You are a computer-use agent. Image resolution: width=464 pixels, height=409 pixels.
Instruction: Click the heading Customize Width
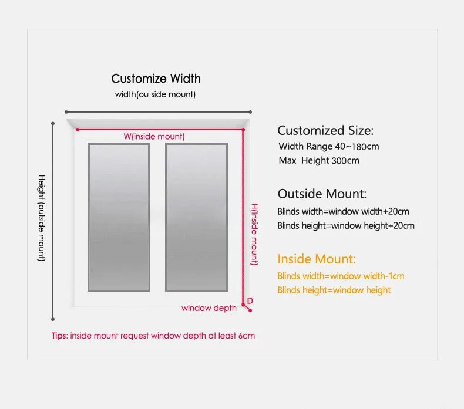coord(156,79)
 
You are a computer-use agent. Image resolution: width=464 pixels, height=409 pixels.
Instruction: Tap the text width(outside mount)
coord(156,94)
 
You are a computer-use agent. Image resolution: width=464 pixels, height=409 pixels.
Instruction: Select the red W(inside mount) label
coord(154,137)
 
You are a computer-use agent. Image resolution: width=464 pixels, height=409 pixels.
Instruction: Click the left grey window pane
coord(119,217)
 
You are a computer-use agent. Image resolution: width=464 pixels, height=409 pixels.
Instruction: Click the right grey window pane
coord(196,217)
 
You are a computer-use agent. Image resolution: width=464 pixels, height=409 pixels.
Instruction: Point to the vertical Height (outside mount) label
coord(42,218)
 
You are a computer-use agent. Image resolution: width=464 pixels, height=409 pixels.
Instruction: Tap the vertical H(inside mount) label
coord(255,234)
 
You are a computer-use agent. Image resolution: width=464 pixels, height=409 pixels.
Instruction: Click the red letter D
coord(250,301)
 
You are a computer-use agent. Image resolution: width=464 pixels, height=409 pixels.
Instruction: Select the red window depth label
coord(209,308)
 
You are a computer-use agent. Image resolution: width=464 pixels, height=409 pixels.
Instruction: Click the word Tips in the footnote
coord(59,336)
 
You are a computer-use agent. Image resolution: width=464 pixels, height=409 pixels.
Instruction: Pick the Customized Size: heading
coord(325,130)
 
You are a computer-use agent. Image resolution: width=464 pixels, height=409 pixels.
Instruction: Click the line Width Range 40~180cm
coord(329,147)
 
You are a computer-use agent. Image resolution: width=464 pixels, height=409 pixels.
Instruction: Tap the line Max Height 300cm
coord(319,160)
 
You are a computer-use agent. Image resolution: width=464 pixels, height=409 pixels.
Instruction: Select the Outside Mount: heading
coord(322,194)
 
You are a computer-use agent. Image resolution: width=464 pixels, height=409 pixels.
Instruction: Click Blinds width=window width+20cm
coord(343,211)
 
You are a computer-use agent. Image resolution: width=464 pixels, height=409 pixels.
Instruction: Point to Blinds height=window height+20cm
coord(346,225)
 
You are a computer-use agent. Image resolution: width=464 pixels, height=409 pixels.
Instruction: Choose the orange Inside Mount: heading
coord(317,259)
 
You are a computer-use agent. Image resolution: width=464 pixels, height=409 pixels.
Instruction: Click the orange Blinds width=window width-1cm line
coord(341,276)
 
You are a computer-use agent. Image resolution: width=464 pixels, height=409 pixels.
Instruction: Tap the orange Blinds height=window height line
coord(334,290)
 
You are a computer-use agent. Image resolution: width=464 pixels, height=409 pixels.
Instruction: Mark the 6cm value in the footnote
coord(247,336)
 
